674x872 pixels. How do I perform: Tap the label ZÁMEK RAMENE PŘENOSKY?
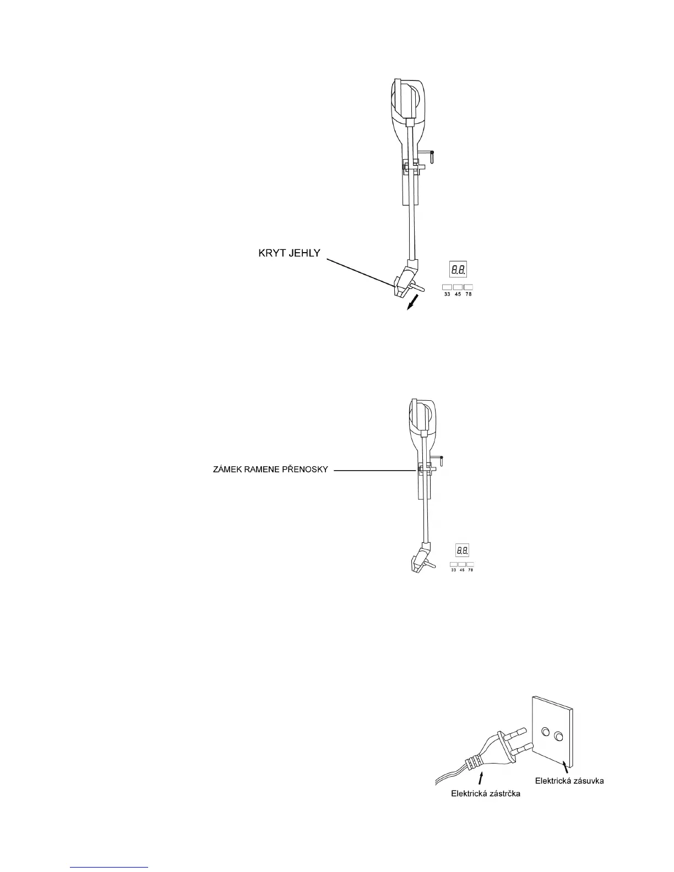(270, 470)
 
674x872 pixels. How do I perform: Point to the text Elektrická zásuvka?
(569, 781)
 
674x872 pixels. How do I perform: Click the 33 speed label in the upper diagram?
(447, 295)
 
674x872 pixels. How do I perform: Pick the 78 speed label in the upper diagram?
(469, 295)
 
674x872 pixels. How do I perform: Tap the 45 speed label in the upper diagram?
(458, 295)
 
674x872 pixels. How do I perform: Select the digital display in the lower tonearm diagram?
(462, 549)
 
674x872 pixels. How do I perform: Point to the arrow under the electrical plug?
(482, 777)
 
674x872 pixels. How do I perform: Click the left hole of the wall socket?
(546, 732)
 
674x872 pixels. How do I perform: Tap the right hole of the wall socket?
(559, 735)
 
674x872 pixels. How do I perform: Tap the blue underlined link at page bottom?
(110, 868)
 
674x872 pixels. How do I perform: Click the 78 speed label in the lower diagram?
(470, 570)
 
